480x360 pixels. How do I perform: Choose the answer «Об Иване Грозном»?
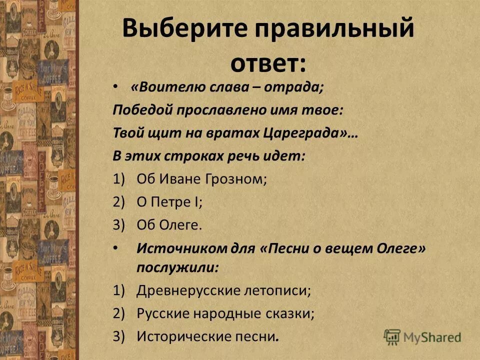click(201, 179)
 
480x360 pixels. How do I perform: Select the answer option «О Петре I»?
click(169, 202)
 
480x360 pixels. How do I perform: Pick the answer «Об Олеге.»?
click(169, 225)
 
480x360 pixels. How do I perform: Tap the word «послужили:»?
click(177, 267)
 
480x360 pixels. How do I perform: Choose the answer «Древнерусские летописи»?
click(223, 290)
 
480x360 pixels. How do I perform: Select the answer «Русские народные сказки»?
click(225, 313)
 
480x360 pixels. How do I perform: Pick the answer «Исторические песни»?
click(207, 336)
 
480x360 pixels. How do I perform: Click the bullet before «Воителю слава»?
click(116, 86)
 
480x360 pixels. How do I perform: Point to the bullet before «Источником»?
click(116, 248)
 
